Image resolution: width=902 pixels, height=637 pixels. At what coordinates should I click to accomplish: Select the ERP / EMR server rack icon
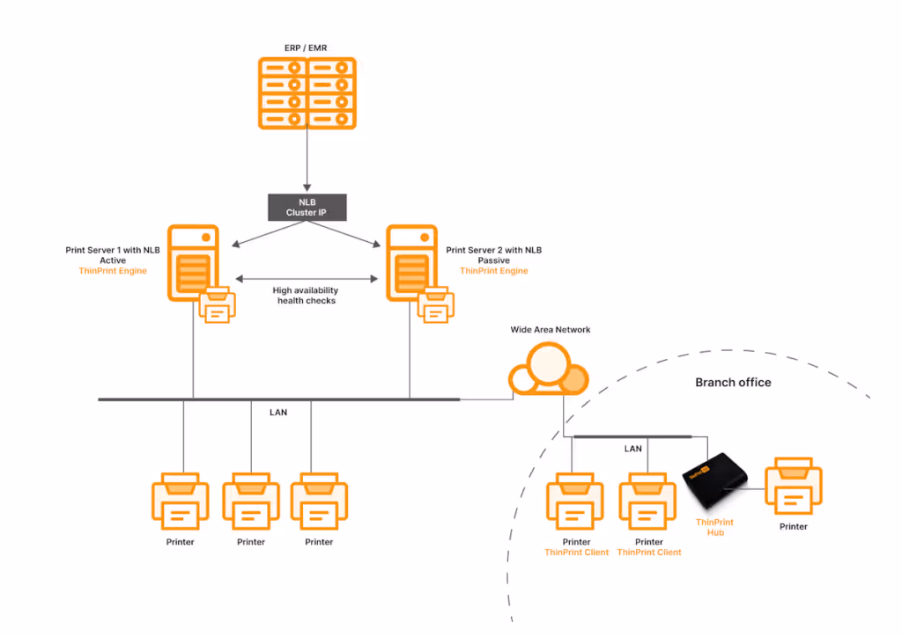(x=307, y=93)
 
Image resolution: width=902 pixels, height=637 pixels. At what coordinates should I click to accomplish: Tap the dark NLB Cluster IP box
(x=307, y=207)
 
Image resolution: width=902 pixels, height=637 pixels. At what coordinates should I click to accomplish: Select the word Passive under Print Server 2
(x=493, y=260)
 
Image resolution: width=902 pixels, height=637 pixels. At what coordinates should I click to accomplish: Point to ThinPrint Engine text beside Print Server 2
(x=493, y=271)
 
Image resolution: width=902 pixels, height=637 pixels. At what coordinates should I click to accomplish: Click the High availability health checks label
(x=305, y=296)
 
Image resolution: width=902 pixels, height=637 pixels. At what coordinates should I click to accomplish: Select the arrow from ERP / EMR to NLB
(x=307, y=158)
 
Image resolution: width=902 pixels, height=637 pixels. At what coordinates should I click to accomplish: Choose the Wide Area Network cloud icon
(x=548, y=369)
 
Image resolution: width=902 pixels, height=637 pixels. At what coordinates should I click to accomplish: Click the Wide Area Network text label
(x=551, y=330)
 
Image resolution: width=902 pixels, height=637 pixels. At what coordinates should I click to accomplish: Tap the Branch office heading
(x=733, y=382)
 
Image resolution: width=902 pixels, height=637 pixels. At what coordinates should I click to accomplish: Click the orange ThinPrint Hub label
(x=714, y=527)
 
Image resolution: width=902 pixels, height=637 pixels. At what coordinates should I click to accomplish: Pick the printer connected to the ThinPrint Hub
(x=794, y=487)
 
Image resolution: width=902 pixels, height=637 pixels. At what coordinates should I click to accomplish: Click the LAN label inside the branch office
(x=632, y=449)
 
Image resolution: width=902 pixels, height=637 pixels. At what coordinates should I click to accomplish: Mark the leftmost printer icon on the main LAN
(x=180, y=500)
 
